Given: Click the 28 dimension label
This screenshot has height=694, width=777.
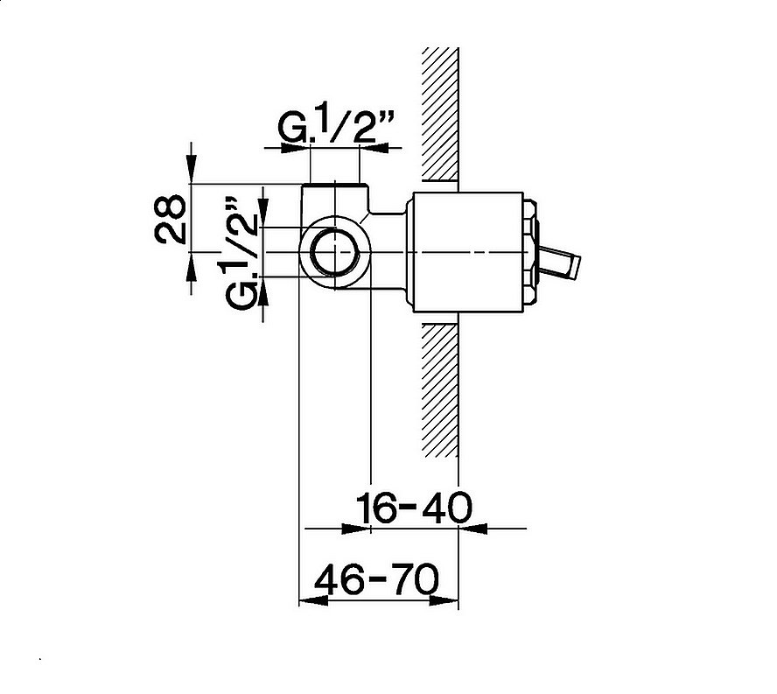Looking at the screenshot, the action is [x=170, y=219].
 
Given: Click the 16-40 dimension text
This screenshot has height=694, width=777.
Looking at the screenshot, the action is [x=414, y=508].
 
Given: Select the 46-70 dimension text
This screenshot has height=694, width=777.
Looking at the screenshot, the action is [x=377, y=579].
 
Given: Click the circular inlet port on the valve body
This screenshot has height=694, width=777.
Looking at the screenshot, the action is [x=335, y=252].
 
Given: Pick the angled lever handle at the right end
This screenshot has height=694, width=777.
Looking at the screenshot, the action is [x=561, y=262].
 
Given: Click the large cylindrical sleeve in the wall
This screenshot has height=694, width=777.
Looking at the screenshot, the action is [x=467, y=252].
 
